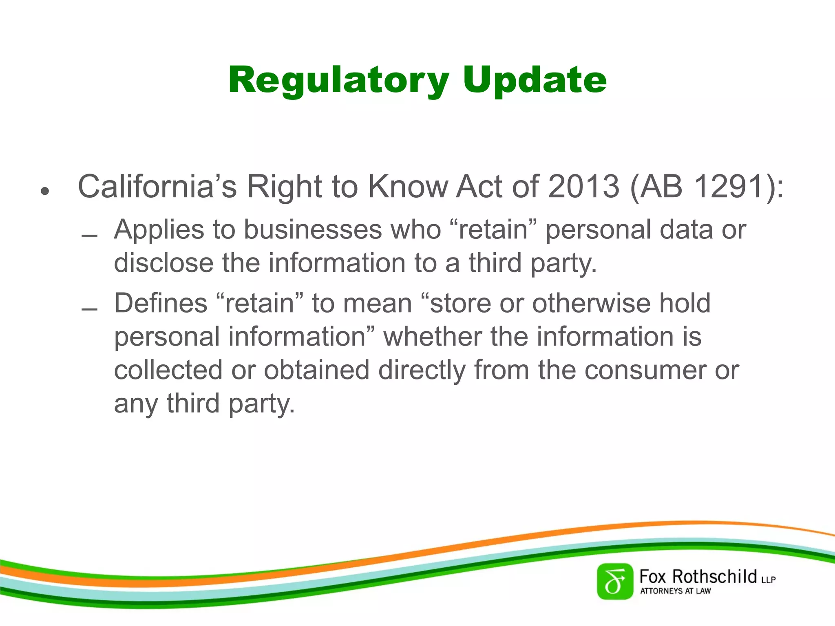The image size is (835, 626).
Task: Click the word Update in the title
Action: point(535,81)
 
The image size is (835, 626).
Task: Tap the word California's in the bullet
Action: point(157,187)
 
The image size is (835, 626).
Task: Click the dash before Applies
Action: point(89,236)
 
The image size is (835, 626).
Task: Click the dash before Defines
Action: point(89,310)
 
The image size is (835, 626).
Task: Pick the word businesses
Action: point(313,229)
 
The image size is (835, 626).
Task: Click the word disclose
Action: point(163,263)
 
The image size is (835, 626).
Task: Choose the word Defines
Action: point(161,303)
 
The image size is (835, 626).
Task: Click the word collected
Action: point(168,370)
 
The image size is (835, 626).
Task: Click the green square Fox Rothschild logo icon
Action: point(615,582)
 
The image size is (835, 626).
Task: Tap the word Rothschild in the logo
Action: point(714,577)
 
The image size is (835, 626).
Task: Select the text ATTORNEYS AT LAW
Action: point(675,591)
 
